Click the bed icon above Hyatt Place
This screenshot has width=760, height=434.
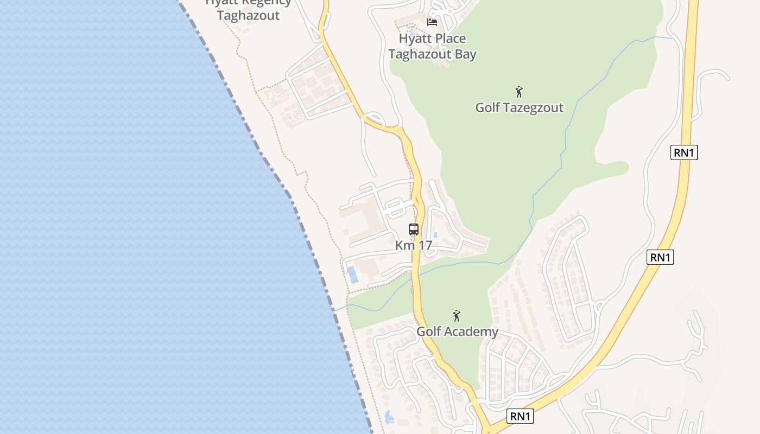(x=432, y=22)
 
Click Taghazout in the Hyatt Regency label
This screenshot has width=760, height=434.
(x=248, y=15)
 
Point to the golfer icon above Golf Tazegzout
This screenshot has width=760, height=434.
(x=519, y=92)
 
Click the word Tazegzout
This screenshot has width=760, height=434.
(x=534, y=107)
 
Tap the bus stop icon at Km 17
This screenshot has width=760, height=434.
(x=414, y=229)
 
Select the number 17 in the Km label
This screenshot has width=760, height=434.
(x=425, y=245)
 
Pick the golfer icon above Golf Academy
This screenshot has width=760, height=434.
(x=457, y=316)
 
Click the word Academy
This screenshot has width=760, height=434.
(x=471, y=331)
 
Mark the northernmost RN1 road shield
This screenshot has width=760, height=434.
(x=684, y=153)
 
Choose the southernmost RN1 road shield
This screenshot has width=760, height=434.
(x=520, y=417)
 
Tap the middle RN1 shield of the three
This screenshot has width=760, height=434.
(x=660, y=258)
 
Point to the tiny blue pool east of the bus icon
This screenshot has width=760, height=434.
(x=435, y=235)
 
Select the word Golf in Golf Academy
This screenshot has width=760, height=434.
(x=429, y=331)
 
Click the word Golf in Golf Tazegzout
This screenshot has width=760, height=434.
(x=488, y=107)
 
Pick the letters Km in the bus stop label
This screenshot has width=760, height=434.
(x=404, y=245)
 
